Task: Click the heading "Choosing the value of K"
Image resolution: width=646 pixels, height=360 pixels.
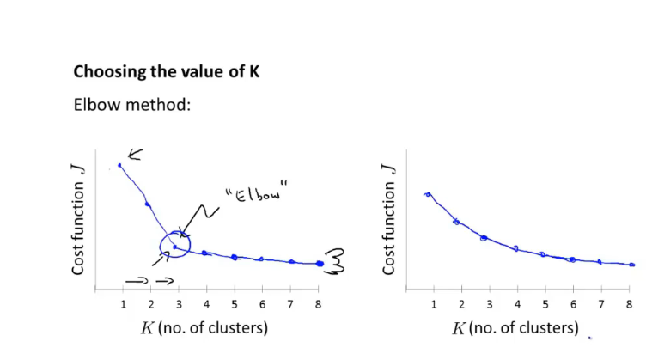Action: coord(167,72)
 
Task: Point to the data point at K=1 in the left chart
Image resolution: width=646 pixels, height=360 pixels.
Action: coord(119,165)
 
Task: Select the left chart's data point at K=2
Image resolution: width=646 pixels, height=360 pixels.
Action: coord(148,204)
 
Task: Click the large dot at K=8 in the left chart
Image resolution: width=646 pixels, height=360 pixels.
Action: coord(320,264)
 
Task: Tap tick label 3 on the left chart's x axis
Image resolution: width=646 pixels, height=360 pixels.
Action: coord(179,305)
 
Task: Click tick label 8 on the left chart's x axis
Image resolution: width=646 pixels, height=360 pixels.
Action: coord(319,305)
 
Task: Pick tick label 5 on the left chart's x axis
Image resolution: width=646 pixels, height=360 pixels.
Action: coord(235,305)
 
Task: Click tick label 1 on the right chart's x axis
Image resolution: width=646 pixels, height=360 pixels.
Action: coord(434,305)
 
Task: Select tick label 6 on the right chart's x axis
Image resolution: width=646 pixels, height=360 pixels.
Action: coord(573,305)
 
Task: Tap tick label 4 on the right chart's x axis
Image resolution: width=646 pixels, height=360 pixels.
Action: coord(517,305)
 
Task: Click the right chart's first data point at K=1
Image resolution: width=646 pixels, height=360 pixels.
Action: coord(428,194)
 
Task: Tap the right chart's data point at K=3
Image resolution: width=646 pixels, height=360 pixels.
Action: coord(484,238)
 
